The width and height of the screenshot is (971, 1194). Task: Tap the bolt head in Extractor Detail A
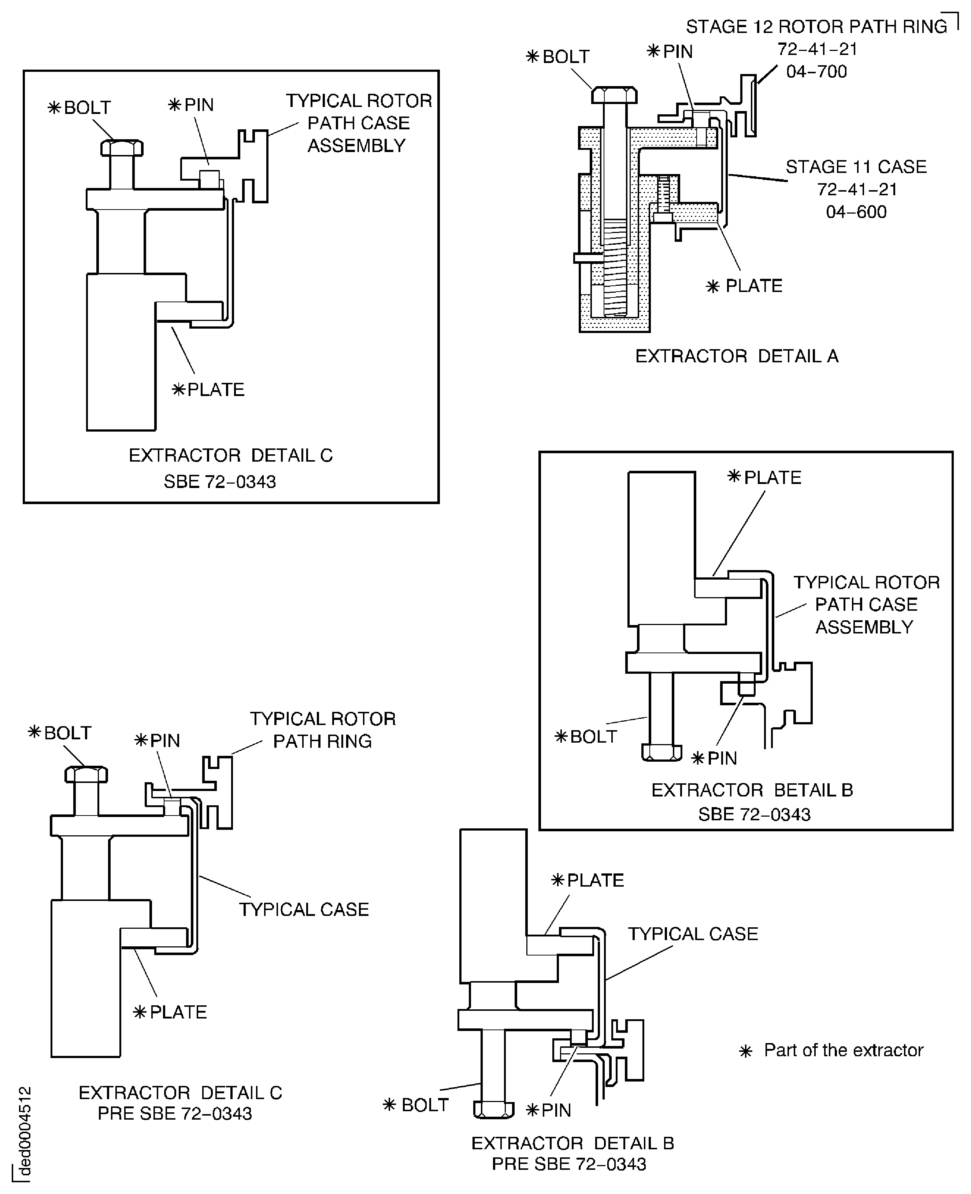(614, 95)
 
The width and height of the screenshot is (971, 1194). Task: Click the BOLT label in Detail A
(558, 56)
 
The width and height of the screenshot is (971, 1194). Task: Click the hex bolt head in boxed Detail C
(122, 148)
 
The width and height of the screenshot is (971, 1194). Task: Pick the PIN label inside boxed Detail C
(191, 105)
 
